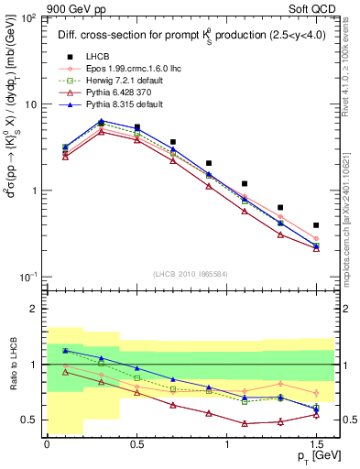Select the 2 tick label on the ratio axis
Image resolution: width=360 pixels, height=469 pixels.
click(35, 309)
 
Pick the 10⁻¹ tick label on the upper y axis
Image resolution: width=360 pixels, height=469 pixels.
click(27, 277)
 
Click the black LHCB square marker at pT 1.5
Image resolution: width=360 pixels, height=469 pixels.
click(316, 224)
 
